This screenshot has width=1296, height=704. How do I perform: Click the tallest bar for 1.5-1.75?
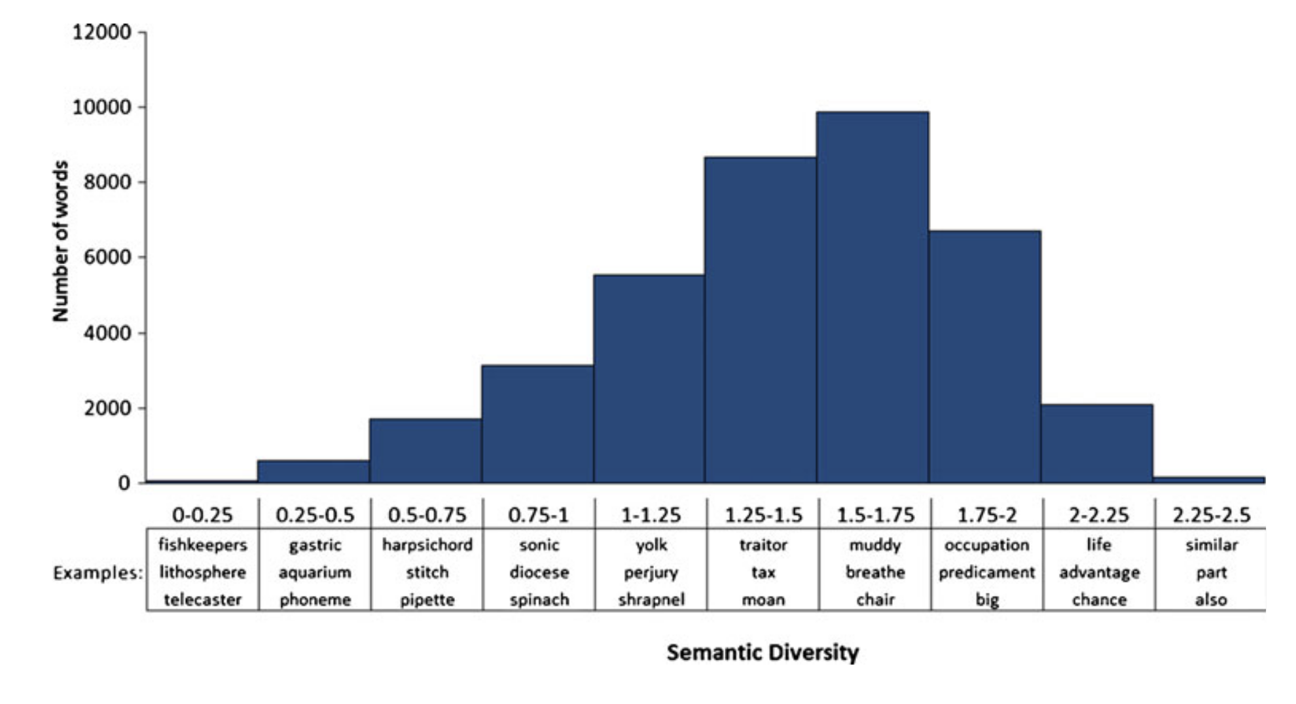pyautogui.click(x=873, y=298)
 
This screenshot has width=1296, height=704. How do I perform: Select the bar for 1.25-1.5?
pyautogui.click(x=761, y=320)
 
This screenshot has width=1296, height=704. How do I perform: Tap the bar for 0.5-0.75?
pyautogui.click(x=425, y=451)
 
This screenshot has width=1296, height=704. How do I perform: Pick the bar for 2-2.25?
pyautogui.click(x=1097, y=444)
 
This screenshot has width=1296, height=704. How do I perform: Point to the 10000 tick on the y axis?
pyautogui.click(x=101, y=107)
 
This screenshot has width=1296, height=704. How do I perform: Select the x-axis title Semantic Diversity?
pyautogui.click(x=763, y=652)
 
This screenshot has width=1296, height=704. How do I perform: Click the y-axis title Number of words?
pyautogui.click(x=60, y=241)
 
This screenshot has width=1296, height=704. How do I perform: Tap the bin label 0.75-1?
pyautogui.click(x=539, y=516)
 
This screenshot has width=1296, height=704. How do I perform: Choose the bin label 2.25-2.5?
pyautogui.click(x=1211, y=516)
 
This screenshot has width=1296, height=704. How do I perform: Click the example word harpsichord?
pyautogui.click(x=427, y=545)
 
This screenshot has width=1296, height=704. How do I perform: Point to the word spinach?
pyautogui.click(x=539, y=599)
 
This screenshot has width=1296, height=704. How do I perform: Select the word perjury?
pyautogui.click(x=651, y=572)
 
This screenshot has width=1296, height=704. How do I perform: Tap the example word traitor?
pyautogui.click(x=763, y=545)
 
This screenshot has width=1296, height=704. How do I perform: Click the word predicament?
pyautogui.click(x=986, y=572)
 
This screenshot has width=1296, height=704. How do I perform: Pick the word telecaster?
pyautogui.click(x=202, y=599)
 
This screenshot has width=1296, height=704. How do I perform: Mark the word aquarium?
pyautogui.click(x=315, y=572)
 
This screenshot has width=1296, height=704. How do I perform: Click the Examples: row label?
pyautogui.click(x=98, y=573)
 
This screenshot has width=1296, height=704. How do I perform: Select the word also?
pyautogui.click(x=1211, y=599)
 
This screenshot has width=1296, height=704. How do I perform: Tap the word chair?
pyautogui.click(x=875, y=599)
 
